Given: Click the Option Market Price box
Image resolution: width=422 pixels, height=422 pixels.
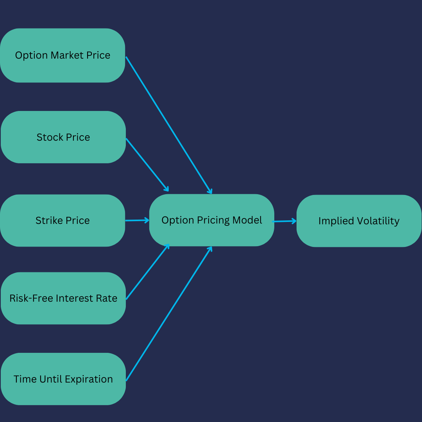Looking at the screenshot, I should (63, 55).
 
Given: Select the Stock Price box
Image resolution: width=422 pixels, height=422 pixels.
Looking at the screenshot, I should (63, 137).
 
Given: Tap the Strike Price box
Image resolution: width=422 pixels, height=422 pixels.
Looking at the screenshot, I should (63, 220).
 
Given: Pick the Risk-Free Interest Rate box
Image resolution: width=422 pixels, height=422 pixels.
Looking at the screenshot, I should (63, 298).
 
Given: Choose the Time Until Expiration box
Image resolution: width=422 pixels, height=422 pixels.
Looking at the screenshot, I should (63, 379).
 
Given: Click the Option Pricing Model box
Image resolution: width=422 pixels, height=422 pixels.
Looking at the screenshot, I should (212, 220).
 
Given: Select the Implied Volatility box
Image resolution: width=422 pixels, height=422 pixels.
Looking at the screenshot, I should (359, 221).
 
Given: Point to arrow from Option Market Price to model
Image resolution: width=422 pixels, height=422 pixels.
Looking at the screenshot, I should (169, 125).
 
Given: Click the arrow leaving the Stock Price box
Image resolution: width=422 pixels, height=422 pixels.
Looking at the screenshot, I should (147, 165).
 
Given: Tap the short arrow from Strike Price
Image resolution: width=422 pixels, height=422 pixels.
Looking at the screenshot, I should (137, 220).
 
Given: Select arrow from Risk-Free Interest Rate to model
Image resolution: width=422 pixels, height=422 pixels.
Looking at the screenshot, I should (147, 272).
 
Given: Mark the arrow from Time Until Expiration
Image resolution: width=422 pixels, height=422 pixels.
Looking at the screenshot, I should (169, 314).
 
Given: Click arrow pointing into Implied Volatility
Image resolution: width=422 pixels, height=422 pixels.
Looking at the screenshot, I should (284, 221).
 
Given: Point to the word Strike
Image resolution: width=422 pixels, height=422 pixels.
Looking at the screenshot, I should (49, 221).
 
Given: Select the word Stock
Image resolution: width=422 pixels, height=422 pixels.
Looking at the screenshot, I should (50, 138).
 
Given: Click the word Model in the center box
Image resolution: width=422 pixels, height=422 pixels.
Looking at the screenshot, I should (247, 220).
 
